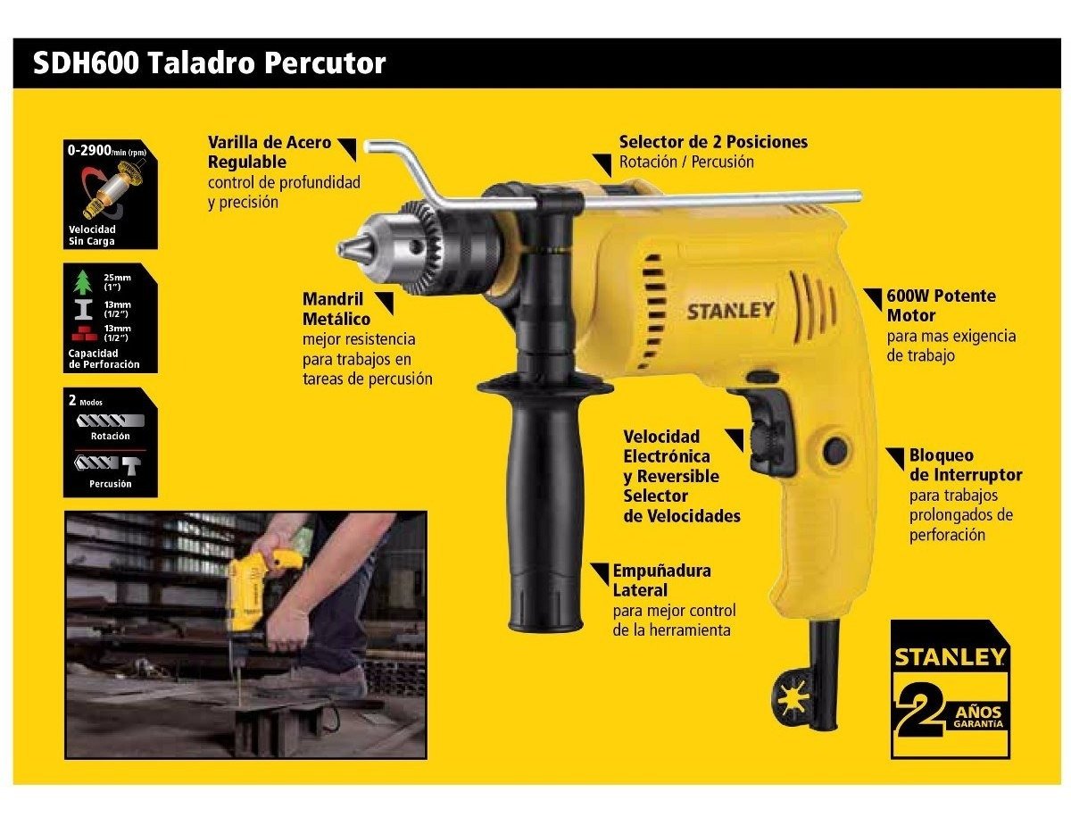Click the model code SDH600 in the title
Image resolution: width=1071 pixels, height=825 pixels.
coord(86,63)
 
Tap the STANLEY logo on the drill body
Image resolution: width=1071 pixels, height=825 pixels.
coord(730,311)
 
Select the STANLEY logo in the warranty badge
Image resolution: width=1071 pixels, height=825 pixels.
coord(949,657)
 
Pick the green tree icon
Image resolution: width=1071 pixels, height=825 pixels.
coord(84,282)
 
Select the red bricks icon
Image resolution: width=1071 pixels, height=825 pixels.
coord(84,333)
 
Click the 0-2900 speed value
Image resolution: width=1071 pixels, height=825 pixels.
coord(89,149)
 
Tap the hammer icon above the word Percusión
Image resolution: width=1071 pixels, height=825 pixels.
coord(131,464)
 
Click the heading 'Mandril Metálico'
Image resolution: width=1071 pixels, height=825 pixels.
coord(336,309)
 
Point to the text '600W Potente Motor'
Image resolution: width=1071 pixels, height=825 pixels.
coord(941,305)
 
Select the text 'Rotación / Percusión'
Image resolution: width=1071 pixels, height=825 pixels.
coord(686,162)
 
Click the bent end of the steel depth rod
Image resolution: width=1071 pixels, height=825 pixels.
coord(369,146)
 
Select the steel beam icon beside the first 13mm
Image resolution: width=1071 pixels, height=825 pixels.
coord(83,309)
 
